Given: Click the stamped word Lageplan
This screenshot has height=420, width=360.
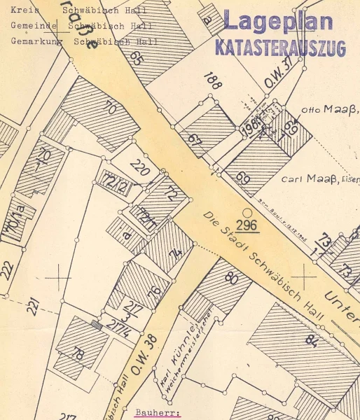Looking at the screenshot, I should [x=278, y=22].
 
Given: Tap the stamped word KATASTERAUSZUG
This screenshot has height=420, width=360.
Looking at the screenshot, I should [x=280, y=48].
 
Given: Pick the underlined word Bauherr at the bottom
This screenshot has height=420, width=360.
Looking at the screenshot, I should [x=158, y=413].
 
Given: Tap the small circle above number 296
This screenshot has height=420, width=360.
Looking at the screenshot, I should [x=247, y=211].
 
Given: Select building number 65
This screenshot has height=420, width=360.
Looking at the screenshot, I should [x=136, y=57].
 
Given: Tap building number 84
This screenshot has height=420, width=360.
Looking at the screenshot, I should [x=311, y=341].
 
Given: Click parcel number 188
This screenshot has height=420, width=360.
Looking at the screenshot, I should [x=212, y=80].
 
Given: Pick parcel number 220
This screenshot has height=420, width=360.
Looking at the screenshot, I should [x=140, y=168].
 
